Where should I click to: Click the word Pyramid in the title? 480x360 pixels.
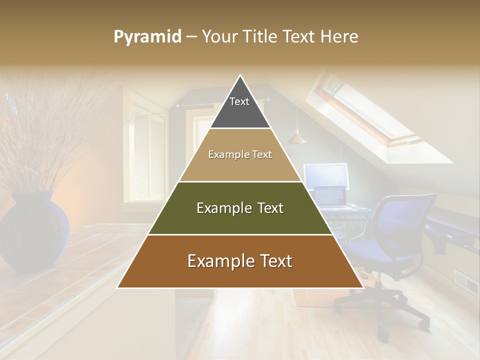(147, 36)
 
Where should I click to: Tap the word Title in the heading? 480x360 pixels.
(260, 36)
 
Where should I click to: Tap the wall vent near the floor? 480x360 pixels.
(465, 282)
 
